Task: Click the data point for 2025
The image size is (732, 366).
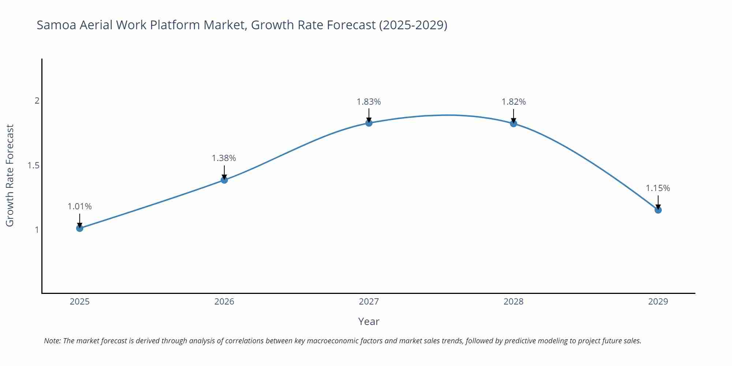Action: (x=80, y=228)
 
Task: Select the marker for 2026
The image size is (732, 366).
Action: (x=224, y=180)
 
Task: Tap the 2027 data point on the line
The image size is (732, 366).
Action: (x=369, y=123)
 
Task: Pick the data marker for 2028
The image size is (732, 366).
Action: (x=513, y=123)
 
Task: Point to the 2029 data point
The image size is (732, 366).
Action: (x=658, y=210)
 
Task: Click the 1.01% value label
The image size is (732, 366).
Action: (x=80, y=206)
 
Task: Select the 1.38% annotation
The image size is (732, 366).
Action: (x=224, y=158)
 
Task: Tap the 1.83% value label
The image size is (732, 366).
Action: (x=369, y=102)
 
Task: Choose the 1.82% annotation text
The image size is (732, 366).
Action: (x=513, y=102)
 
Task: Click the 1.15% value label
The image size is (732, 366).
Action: (x=658, y=188)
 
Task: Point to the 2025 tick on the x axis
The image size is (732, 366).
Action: (x=80, y=302)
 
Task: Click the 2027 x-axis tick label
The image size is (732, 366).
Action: (x=369, y=302)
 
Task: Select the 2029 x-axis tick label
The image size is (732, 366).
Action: (x=658, y=302)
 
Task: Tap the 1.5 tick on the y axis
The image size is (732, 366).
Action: (x=34, y=165)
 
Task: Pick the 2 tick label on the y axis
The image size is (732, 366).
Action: (x=37, y=101)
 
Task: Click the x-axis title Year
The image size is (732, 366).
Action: (x=369, y=321)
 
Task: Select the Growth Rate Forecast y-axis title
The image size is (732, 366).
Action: (x=10, y=175)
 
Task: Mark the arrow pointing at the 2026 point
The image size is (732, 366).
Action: (x=224, y=172)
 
